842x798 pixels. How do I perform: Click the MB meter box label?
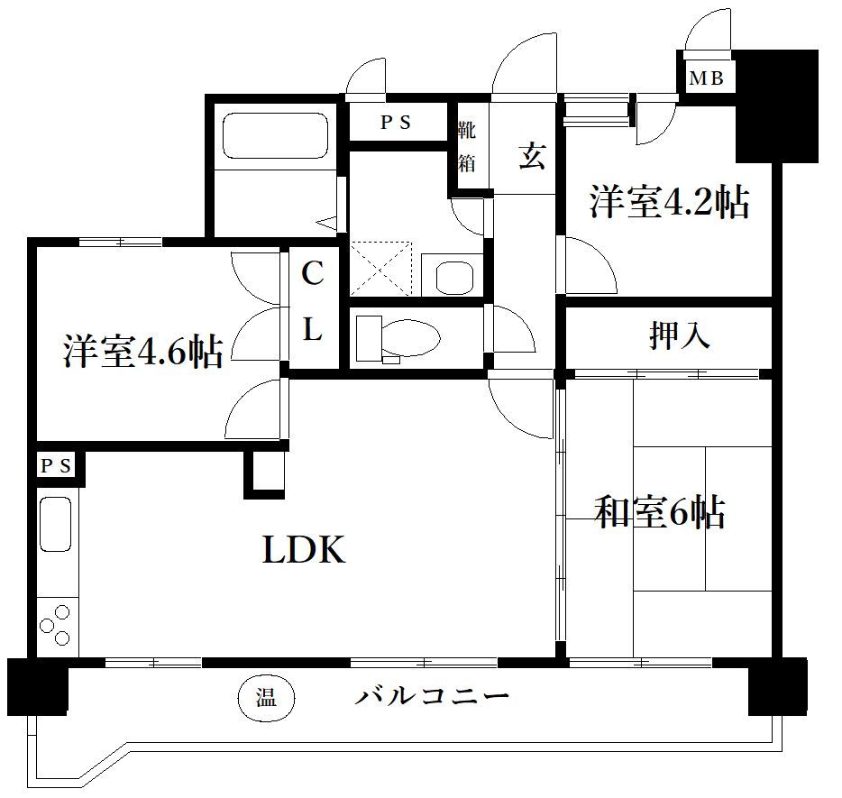pyautogui.click(x=707, y=78)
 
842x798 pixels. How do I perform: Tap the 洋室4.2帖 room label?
pyautogui.click(x=669, y=203)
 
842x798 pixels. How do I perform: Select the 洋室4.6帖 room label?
pyautogui.click(x=142, y=352)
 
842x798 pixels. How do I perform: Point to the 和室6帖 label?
pyautogui.click(x=660, y=513)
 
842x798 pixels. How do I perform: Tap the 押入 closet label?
pyautogui.click(x=679, y=335)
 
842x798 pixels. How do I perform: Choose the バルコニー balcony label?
pyautogui.click(x=432, y=696)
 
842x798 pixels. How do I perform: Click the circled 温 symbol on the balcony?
pyautogui.click(x=265, y=697)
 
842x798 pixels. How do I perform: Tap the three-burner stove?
pyautogui.click(x=56, y=624)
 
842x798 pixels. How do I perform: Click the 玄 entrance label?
pyautogui.click(x=531, y=157)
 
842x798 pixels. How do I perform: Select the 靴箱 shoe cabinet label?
pyautogui.click(x=467, y=147)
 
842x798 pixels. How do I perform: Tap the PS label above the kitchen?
pyautogui.click(x=55, y=465)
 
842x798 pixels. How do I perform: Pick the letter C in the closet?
pyautogui.click(x=312, y=274)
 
